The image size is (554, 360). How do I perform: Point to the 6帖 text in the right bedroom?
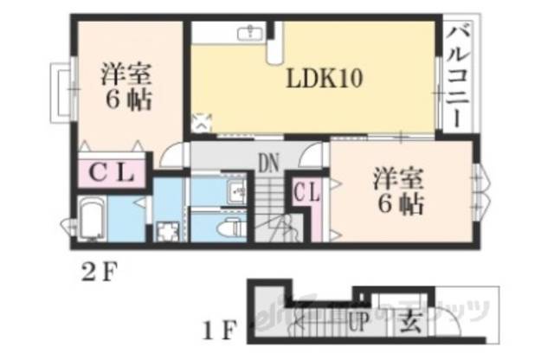coord(399,205)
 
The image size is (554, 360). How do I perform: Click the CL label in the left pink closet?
coord(113,173)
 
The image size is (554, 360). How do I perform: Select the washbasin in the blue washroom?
coord(232,191)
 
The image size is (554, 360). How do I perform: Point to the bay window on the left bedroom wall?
coord(61,90)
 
